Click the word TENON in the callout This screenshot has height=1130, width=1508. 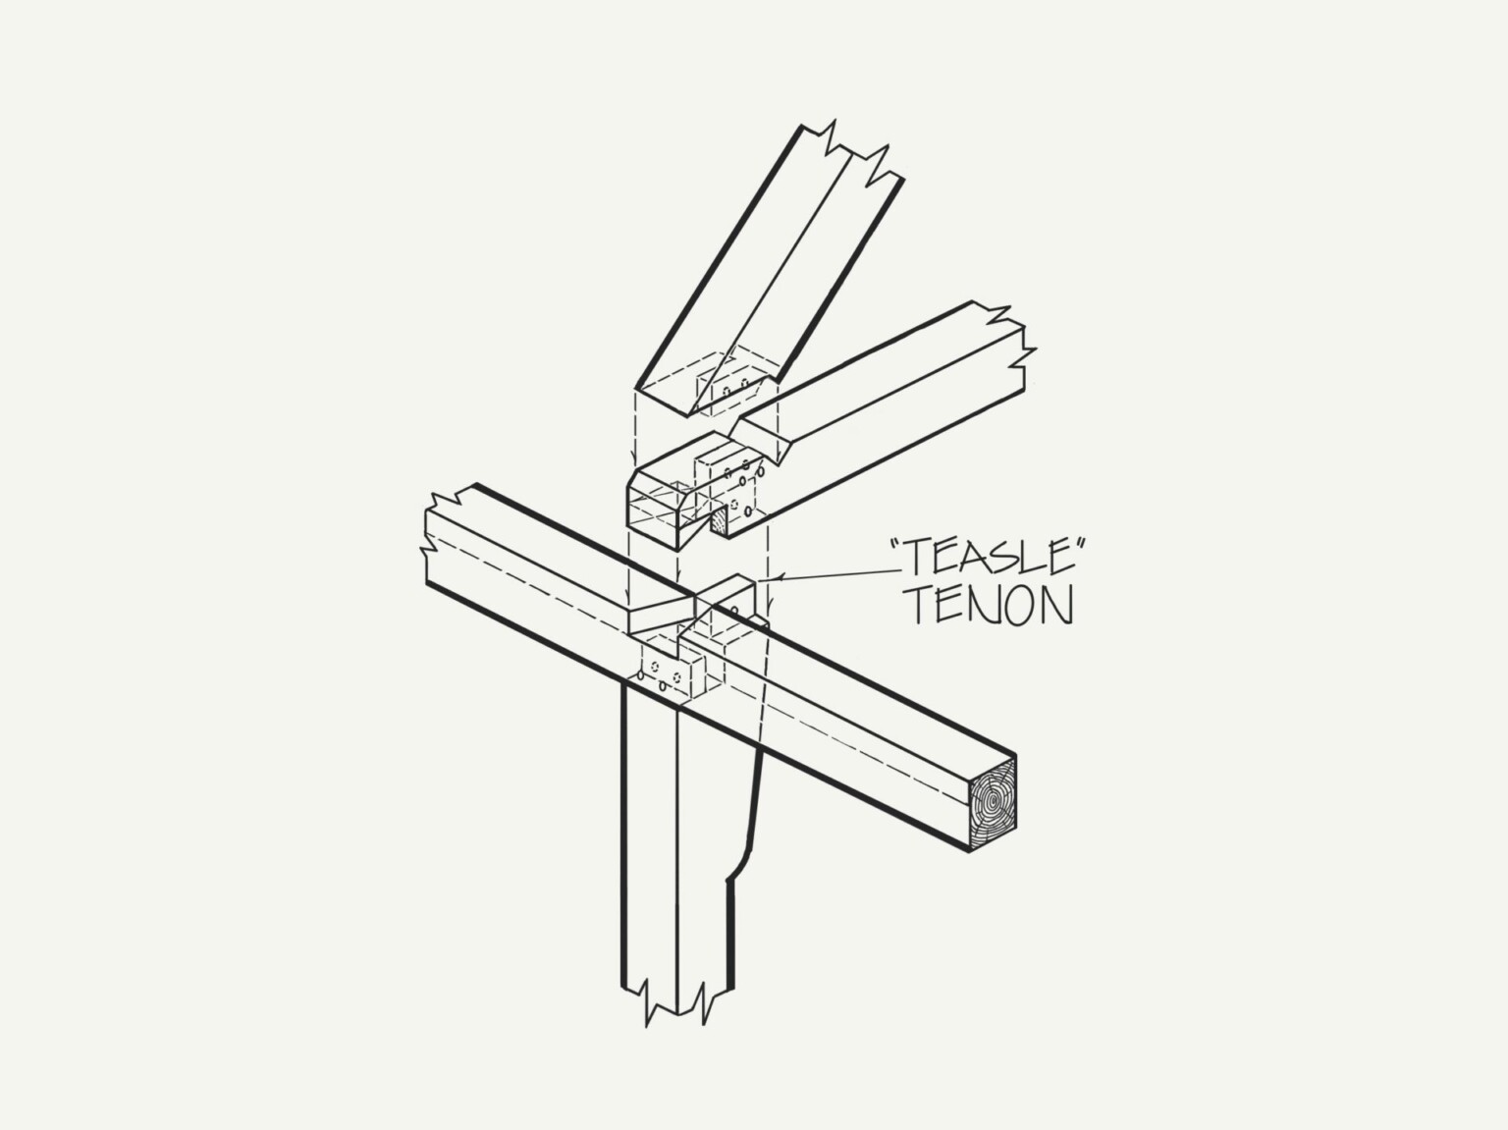tap(991, 606)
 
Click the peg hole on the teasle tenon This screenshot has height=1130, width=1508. tap(734, 610)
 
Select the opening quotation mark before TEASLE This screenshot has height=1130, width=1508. tap(897, 546)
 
